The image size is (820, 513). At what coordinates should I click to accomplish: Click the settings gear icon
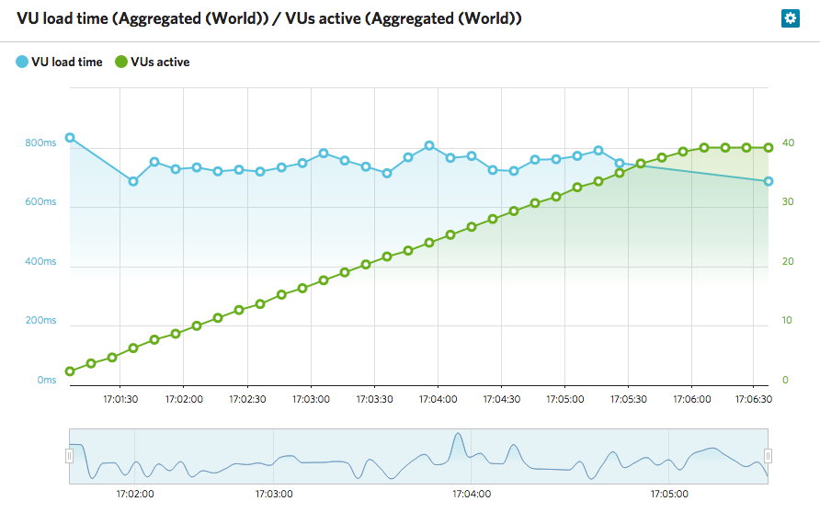(x=789, y=17)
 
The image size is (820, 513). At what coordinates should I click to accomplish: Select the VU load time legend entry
(x=59, y=63)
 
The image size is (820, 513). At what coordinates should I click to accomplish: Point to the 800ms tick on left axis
(x=41, y=143)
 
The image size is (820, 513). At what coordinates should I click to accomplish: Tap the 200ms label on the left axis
(x=41, y=321)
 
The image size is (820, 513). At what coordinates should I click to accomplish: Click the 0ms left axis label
(x=46, y=380)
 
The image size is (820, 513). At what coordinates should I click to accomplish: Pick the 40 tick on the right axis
(x=788, y=143)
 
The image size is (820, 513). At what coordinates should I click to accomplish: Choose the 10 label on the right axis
(x=787, y=321)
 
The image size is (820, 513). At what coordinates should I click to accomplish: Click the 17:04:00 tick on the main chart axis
(x=438, y=399)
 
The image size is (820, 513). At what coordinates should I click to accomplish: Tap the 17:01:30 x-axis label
(x=120, y=399)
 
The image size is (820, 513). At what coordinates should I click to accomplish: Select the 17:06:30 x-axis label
(x=755, y=399)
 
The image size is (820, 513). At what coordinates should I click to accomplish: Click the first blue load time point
(x=70, y=138)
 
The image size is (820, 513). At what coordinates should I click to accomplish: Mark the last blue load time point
(x=769, y=181)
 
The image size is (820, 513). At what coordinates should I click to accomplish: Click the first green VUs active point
(x=70, y=371)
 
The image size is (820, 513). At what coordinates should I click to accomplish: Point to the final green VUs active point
(x=769, y=147)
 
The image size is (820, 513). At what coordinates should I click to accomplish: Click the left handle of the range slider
(x=69, y=456)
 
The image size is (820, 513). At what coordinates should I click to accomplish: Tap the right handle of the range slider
(x=769, y=456)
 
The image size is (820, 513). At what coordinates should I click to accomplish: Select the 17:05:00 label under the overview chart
(x=670, y=494)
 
